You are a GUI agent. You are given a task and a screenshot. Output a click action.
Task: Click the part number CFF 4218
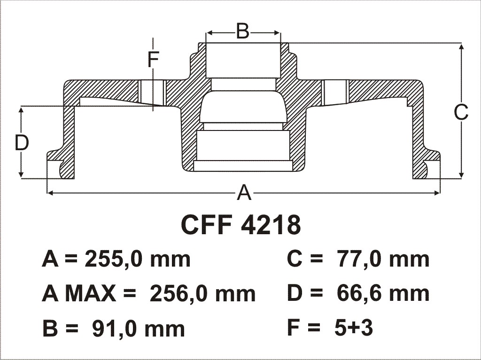point(241,224)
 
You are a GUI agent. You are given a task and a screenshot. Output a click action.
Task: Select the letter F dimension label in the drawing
point(153,59)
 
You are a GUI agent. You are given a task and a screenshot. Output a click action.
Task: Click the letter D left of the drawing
point(22,143)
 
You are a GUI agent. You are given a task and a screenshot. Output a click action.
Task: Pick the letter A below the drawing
point(244,192)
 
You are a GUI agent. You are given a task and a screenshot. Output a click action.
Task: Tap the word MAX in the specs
point(91,294)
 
